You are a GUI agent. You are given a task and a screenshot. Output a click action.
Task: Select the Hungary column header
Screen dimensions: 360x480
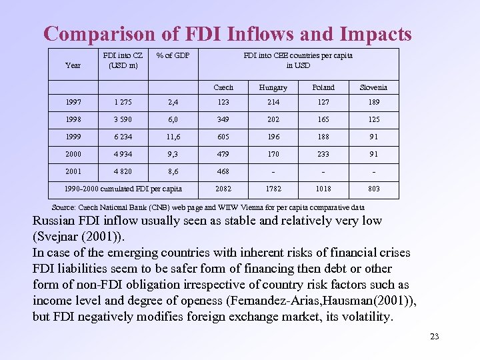click(x=273, y=87)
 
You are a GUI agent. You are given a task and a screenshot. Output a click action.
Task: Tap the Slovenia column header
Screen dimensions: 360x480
click(x=373, y=87)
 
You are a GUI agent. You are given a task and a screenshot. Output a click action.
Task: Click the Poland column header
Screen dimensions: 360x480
click(x=323, y=87)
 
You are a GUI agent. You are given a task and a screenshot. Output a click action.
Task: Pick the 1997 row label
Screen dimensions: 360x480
click(x=73, y=102)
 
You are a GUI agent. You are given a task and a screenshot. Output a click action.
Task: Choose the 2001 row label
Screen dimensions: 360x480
click(x=73, y=171)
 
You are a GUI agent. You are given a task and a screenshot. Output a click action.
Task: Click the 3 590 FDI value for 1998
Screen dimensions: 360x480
click(x=121, y=119)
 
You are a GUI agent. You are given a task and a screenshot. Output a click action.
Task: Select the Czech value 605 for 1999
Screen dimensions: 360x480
click(x=224, y=137)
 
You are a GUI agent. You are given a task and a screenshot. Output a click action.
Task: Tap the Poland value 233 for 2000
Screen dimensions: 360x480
click(x=323, y=154)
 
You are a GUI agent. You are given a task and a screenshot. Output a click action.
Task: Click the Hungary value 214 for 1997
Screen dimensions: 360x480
click(x=273, y=102)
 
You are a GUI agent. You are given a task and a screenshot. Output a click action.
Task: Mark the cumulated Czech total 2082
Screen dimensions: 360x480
click(x=224, y=189)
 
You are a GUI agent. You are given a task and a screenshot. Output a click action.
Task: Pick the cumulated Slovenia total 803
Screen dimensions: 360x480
click(x=373, y=189)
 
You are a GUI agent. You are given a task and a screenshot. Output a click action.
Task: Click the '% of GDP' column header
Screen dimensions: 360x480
click(x=173, y=55)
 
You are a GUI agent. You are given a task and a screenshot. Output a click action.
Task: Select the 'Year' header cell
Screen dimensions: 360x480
click(x=73, y=65)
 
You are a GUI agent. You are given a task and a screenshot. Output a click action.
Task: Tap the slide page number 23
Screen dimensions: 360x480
click(x=435, y=336)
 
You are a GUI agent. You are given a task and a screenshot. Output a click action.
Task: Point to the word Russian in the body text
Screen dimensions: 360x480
click(x=57, y=221)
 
